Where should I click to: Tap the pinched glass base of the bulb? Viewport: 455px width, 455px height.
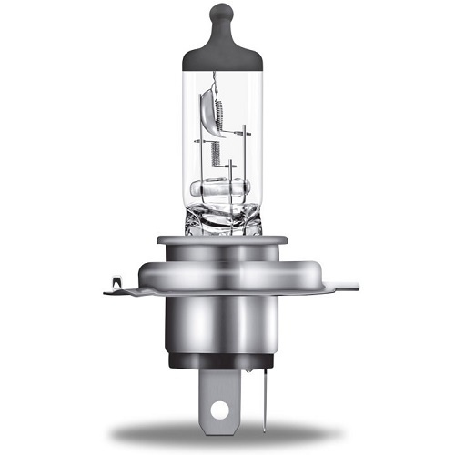coord(223,218)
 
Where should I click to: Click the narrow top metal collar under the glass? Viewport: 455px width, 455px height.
coord(223,241)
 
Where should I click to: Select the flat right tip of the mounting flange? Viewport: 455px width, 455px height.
coord(350,287)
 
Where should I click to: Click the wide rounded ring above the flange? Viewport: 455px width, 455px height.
coord(223,268)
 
